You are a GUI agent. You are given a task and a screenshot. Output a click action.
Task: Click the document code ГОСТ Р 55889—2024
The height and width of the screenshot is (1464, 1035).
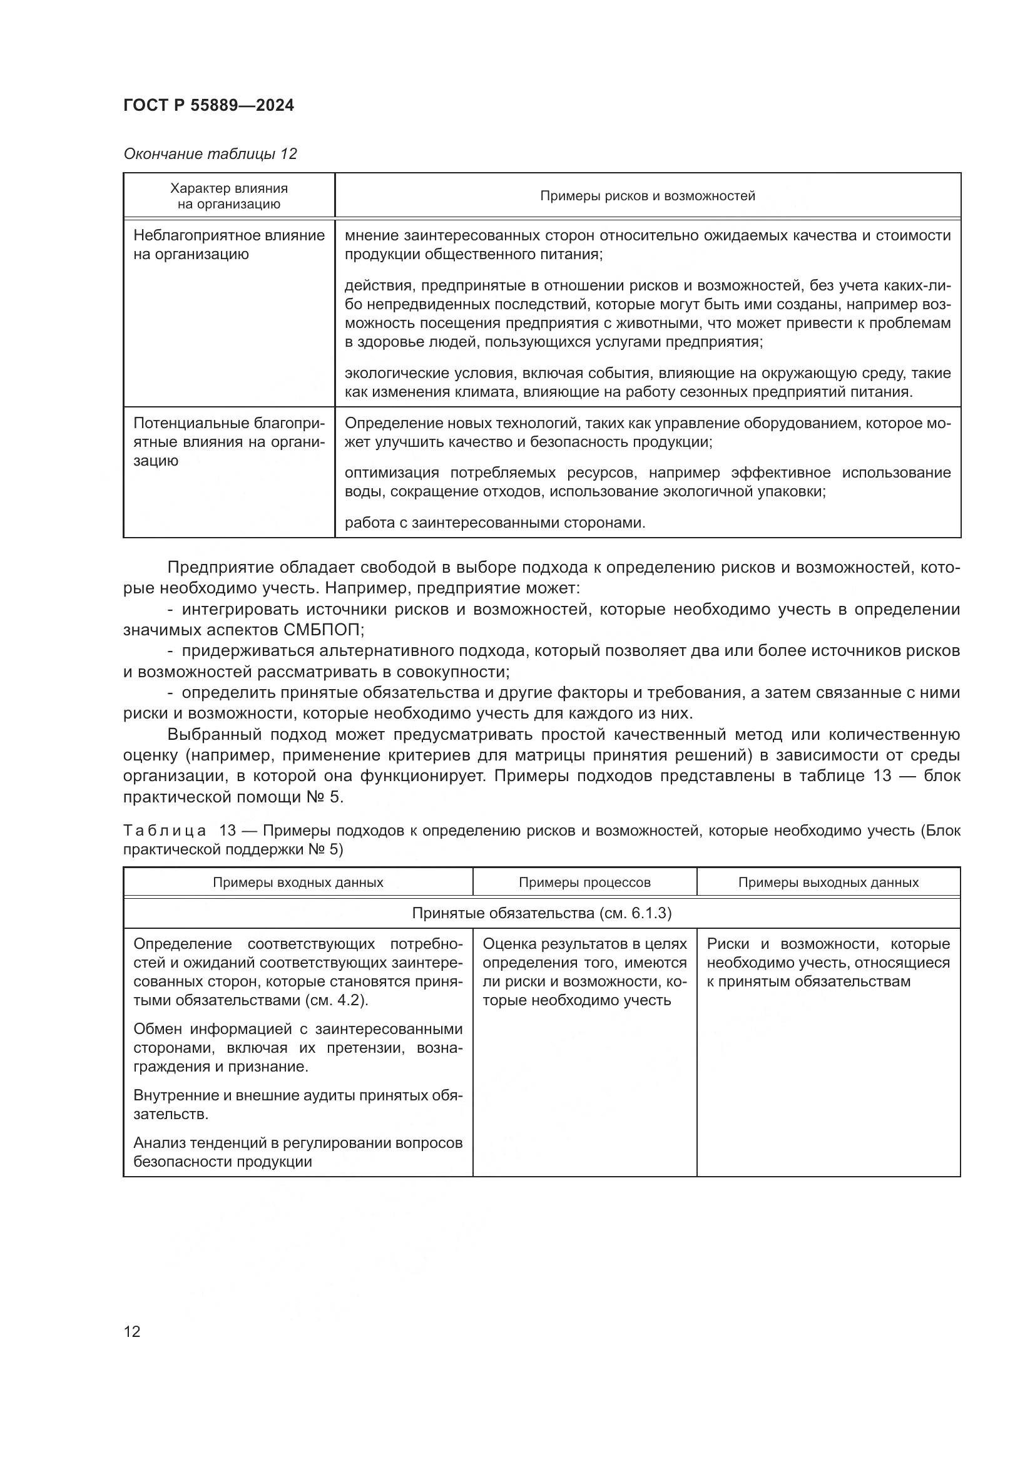[208, 105]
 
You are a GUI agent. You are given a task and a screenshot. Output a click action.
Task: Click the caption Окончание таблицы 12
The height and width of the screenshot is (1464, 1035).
[210, 154]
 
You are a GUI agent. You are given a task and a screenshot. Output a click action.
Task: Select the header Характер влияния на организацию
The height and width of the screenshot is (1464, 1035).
[229, 196]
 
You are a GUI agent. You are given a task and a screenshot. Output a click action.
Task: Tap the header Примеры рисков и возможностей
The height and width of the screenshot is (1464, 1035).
[647, 196]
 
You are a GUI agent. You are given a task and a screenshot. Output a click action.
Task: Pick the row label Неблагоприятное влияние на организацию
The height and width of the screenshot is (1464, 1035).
[229, 245]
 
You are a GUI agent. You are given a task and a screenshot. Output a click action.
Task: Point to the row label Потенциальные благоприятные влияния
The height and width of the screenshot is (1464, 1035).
[229, 441]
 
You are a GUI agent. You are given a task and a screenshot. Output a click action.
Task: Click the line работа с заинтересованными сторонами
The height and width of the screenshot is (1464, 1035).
[494, 523]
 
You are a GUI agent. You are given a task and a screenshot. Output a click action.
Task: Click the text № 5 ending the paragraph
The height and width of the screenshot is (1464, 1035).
[327, 797]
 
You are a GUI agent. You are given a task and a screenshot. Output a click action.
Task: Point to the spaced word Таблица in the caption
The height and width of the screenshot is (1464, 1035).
[165, 831]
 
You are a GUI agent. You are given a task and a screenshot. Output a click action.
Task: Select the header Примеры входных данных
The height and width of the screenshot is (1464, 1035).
[298, 883]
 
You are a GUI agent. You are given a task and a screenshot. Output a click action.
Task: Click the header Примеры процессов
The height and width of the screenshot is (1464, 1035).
[584, 883]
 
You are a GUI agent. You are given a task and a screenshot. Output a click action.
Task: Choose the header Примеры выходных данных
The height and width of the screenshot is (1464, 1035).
[828, 883]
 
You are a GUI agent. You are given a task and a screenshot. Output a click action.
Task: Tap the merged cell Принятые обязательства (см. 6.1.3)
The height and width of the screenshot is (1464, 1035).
[541, 913]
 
